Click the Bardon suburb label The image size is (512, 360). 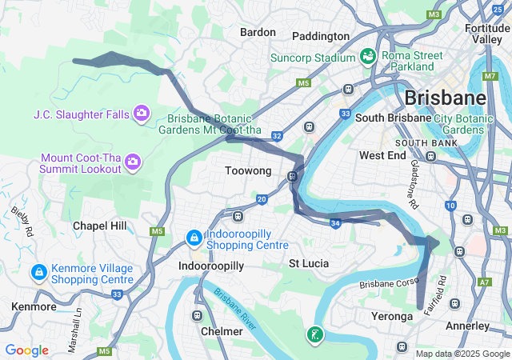[x=258, y=32]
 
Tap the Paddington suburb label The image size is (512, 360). [x=321, y=36]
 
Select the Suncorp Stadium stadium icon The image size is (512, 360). [x=368, y=57]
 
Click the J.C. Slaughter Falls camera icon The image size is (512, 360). [x=142, y=114]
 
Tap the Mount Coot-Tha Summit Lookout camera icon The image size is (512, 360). [x=133, y=163]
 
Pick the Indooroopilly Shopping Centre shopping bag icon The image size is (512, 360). [x=194, y=238]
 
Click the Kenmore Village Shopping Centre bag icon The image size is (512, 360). [x=38, y=274]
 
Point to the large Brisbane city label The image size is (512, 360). [x=445, y=98]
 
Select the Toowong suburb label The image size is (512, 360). [x=248, y=171]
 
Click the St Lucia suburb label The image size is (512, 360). [x=309, y=263]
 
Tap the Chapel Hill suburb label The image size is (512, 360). [x=100, y=226]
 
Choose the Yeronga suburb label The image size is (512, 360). [x=392, y=317]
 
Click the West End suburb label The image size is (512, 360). [x=383, y=155]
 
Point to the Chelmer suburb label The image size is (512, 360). [x=222, y=331]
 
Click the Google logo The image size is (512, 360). [x=26, y=350]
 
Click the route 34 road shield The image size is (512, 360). [x=335, y=222]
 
